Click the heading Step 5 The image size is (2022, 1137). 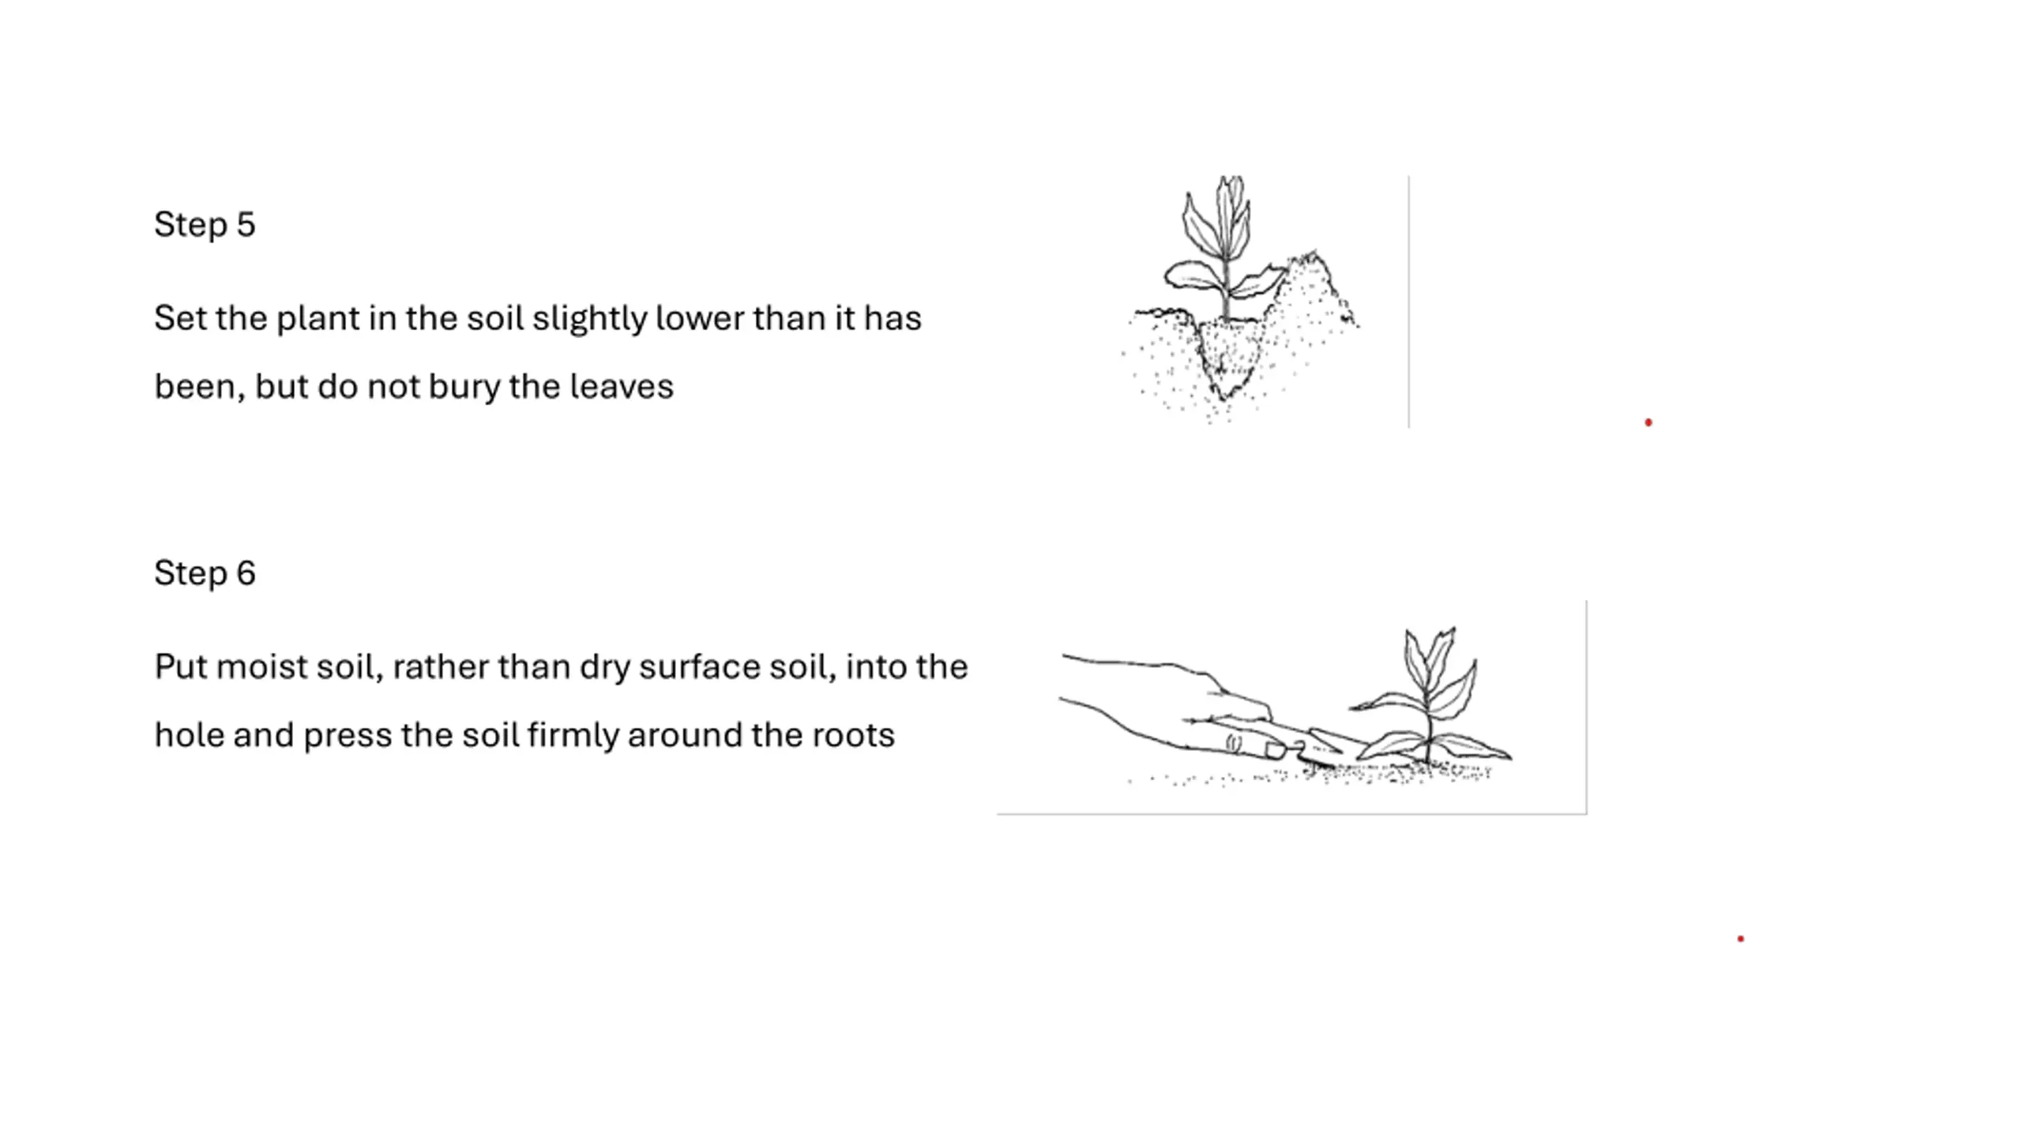[x=205, y=224]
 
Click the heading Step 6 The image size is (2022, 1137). [x=205, y=572]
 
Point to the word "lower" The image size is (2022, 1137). [x=699, y=318]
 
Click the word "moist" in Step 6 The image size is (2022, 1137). [x=261, y=667]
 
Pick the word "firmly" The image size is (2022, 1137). [x=573, y=735]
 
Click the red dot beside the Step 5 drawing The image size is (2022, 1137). [x=1648, y=422]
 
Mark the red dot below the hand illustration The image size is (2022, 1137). [x=1741, y=939]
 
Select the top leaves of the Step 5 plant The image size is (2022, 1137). [x=1217, y=217]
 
